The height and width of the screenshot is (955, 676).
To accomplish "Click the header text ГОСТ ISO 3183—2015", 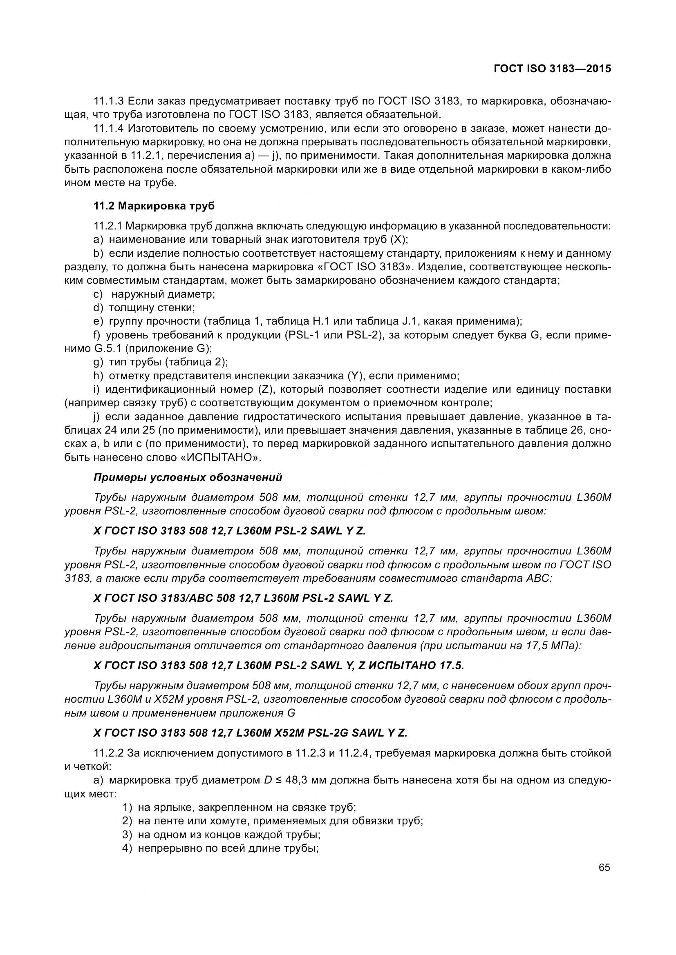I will pos(553,69).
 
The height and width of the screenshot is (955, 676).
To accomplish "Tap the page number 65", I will pos(604,868).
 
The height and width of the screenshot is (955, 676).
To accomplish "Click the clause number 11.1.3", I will pos(109,101).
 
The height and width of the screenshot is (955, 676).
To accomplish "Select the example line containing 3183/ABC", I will pos(244,598).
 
